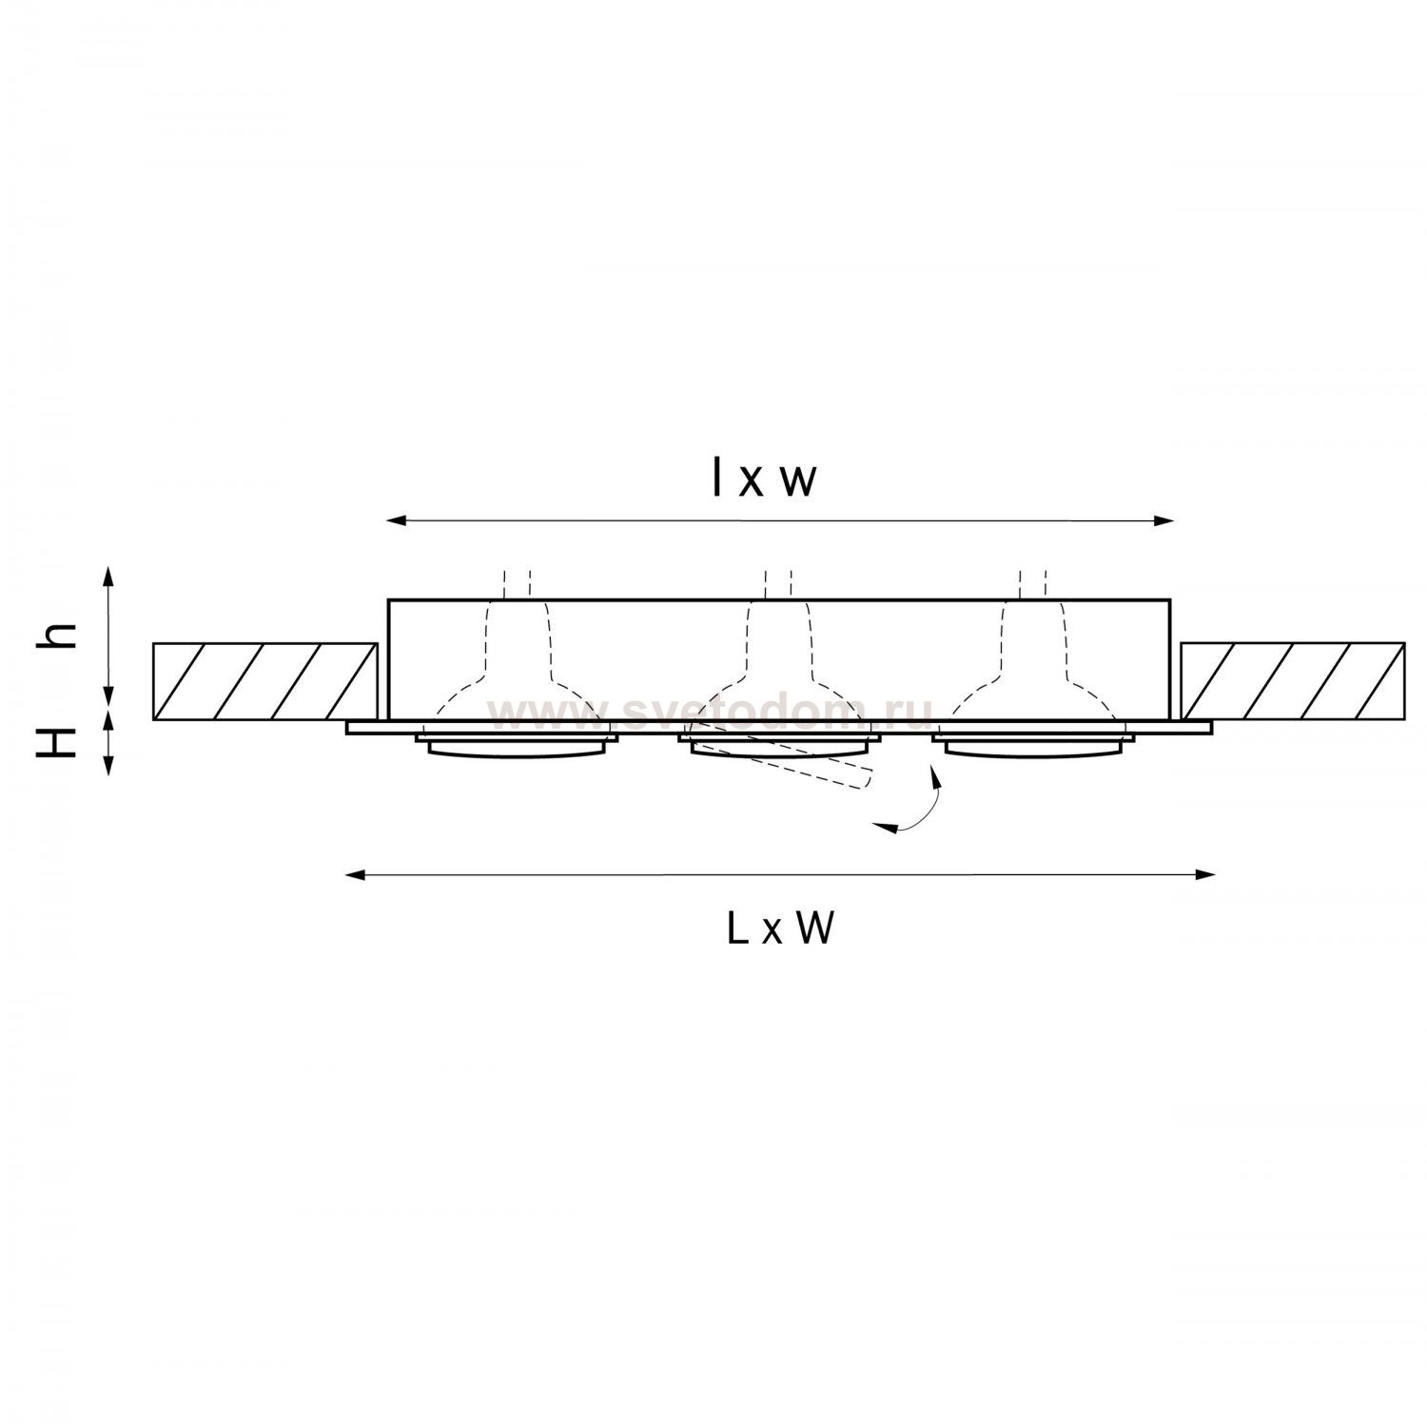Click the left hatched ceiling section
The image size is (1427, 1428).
(x=264, y=681)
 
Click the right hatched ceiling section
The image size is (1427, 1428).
(x=1293, y=681)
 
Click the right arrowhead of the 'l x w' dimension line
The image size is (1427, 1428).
(x=1166, y=520)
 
